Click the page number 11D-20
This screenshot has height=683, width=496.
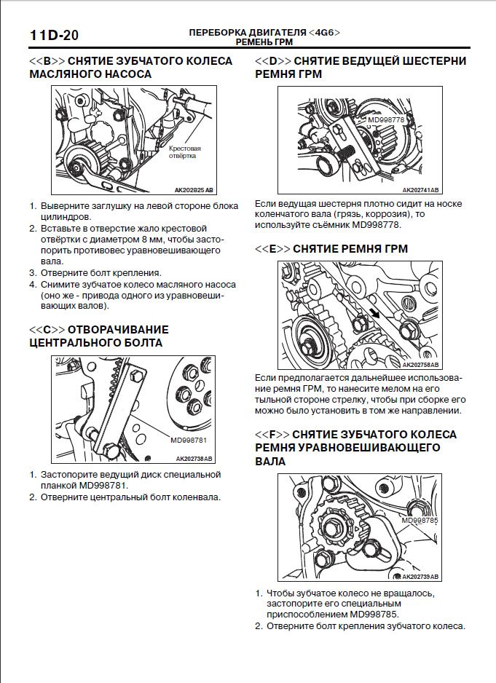click(54, 34)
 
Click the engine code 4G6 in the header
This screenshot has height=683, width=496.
click(324, 33)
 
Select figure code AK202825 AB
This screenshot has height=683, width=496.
click(194, 189)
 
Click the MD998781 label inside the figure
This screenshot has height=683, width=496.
click(189, 440)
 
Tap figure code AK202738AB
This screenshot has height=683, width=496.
click(194, 459)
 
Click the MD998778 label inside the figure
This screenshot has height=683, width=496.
click(385, 119)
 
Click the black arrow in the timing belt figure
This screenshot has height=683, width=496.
click(374, 313)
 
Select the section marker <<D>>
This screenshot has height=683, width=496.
click(273, 61)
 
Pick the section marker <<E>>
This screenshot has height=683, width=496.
click(272, 248)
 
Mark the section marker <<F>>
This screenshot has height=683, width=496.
click(272, 434)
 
